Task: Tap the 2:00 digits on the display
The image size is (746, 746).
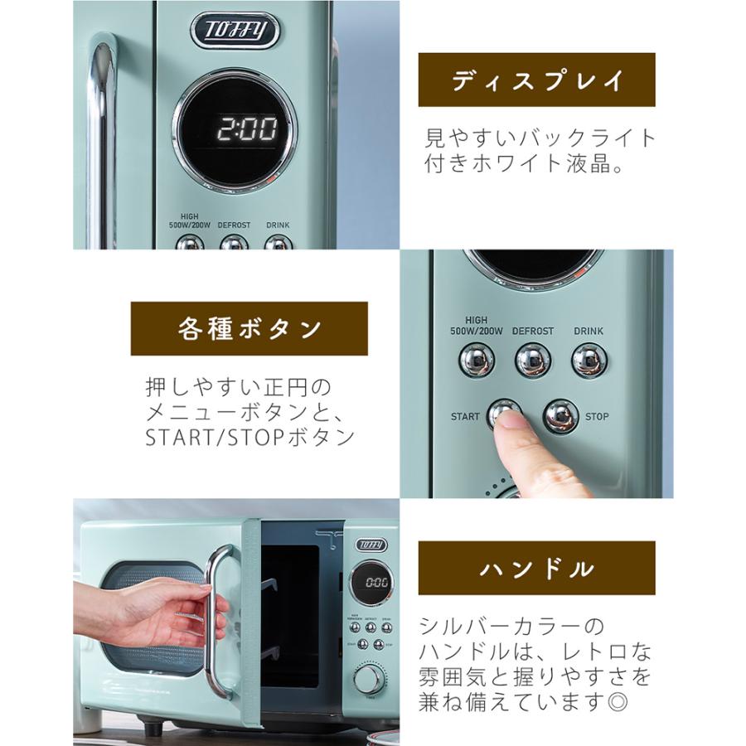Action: tap(247, 128)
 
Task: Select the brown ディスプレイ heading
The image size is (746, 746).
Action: tap(536, 80)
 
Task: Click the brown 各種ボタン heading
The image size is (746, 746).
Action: tap(249, 329)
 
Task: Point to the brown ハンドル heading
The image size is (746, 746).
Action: tap(536, 569)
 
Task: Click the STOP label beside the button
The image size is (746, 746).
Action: tap(597, 416)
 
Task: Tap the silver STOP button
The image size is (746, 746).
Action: tap(560, 416)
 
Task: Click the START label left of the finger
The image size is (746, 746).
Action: tap(465, 416)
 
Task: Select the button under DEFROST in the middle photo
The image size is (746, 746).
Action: tap(532, 360)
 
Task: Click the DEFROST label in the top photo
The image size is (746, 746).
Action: tap(234, 225)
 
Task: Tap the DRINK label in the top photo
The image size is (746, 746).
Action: tap(278, 225)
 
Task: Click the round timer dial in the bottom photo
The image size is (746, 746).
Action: tap(370, 678)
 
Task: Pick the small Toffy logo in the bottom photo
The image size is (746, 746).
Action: tap(371, 545)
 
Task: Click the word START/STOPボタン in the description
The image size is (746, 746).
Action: tap(250, 437)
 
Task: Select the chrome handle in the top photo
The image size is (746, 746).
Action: tap(101, 141)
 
